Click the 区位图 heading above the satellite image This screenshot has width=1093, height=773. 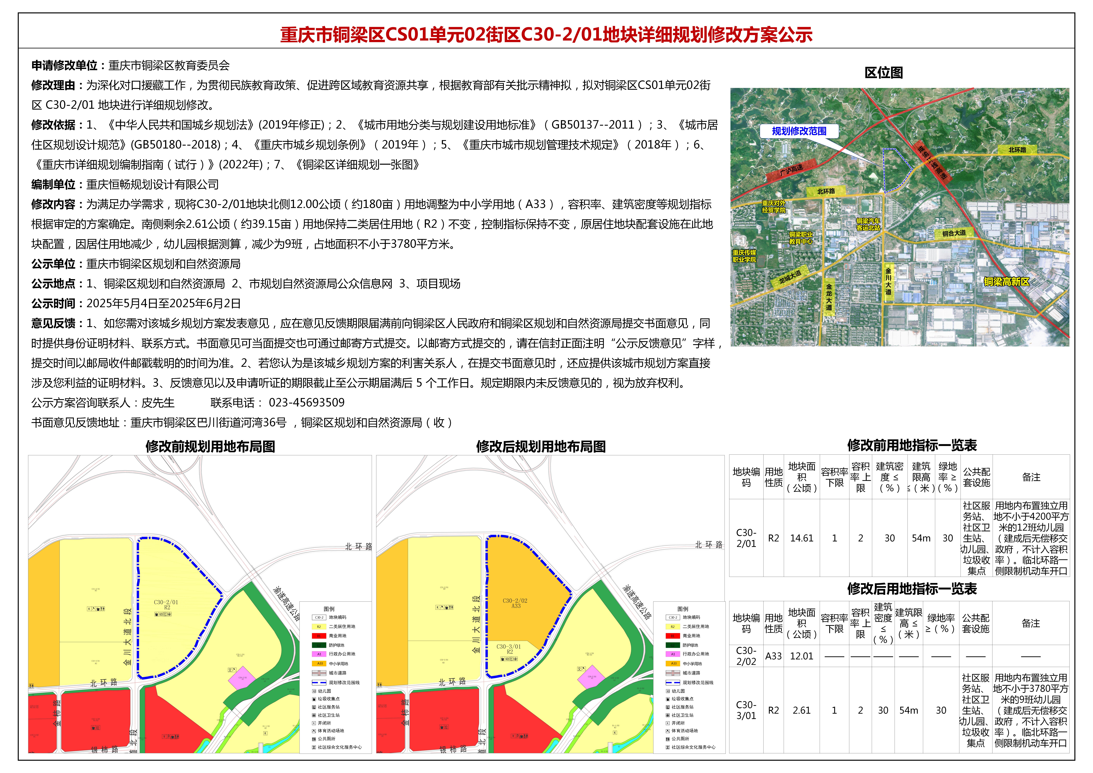(884, 73)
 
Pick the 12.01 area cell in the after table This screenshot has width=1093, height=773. (802, 656)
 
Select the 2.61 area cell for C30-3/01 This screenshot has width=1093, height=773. (802, 710)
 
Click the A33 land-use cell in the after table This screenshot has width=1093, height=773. (774, 656)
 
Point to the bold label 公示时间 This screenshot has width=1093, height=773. (53, 304)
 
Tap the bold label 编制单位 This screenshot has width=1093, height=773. (53, 185)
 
